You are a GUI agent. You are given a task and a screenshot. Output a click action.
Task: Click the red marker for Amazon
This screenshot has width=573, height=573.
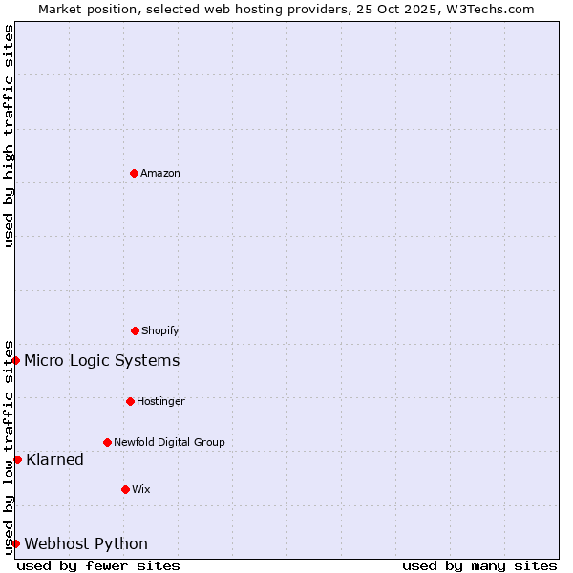pos(134,173)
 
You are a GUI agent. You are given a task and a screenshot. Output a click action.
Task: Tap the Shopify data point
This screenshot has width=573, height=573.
pos(135,330)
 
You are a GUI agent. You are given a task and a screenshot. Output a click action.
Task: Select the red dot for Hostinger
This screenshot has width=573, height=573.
pos(130,401)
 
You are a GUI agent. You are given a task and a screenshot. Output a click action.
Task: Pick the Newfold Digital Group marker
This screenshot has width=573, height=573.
pos(107,442)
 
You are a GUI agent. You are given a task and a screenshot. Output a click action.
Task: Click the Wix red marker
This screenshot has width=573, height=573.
pos(125,489)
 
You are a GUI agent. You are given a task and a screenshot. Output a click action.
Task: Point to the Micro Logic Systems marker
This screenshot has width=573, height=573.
pos(16,360)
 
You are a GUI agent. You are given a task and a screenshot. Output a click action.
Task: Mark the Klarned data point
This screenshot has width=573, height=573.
pos(17,459)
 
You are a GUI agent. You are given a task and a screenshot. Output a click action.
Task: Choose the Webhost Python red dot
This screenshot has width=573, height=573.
pos(16,543)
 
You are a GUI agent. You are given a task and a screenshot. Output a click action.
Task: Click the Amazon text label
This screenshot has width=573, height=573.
pos(160,173)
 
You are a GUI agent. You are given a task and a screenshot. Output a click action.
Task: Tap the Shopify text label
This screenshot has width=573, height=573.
pos(160,330)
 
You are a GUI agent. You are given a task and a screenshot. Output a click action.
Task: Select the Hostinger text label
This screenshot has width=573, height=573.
pos(160,401)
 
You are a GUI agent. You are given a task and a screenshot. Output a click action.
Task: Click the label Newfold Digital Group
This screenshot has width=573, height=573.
pos(169,442)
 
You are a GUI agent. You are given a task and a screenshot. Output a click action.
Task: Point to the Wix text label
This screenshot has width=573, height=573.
pos(141,489)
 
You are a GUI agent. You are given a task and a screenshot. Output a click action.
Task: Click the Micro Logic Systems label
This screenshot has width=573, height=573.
pos(101,360)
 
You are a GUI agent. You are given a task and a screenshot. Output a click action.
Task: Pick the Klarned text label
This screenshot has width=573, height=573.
pos(54,459)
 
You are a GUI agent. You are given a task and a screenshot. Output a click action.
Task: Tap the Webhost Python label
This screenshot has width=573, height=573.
pos(86,543)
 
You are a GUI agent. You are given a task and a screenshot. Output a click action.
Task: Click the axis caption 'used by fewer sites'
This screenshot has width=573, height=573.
pos(98,565)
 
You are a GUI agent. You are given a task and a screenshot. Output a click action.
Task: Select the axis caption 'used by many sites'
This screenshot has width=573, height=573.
pos(479,565)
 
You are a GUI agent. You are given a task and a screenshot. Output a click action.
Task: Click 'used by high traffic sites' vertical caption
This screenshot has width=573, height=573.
pos(9,136)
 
